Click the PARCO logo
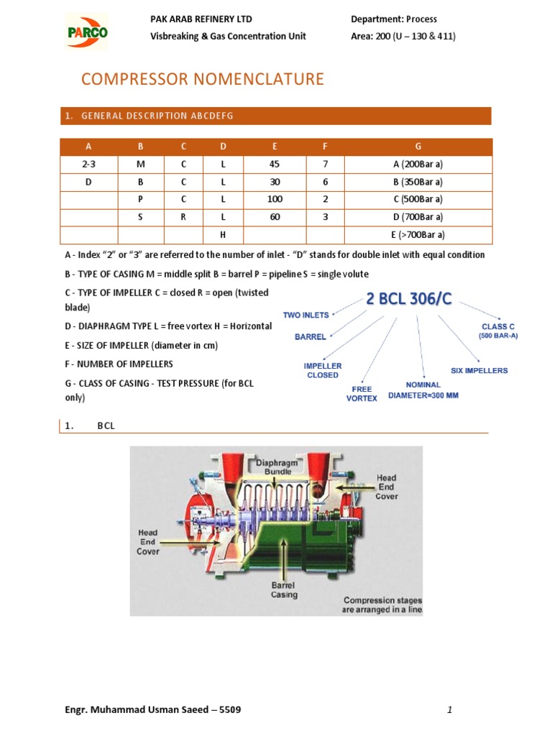(x=87, y=32)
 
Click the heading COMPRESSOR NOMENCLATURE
(x=202, y=79)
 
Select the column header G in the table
(x=418, y=147)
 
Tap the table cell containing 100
(x=275, y=199)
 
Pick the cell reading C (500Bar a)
(x=418, y=199)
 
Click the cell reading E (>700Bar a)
(x=418, y=234)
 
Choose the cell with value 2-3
(x=88, y=165)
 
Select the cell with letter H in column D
(x=223, y=234)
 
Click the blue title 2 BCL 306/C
(x=409, y=300)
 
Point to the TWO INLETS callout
(x=305, y=315)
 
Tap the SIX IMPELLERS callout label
(x=479, y=371)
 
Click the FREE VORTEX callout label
(x=362, y=393)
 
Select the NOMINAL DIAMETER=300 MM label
(x=423, y=390)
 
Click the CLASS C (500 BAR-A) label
(x=498, y=331)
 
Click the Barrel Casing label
(x=283, y=590)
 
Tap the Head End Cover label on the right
(x=387, y=487)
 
